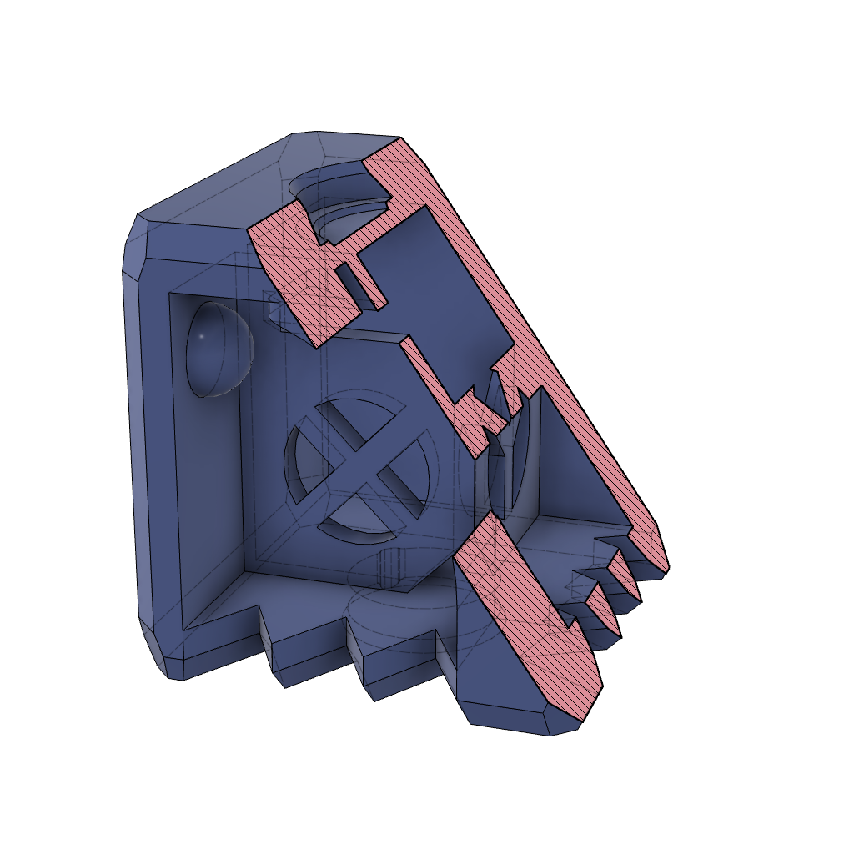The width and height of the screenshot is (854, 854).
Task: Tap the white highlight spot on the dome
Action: coord(201,336)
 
